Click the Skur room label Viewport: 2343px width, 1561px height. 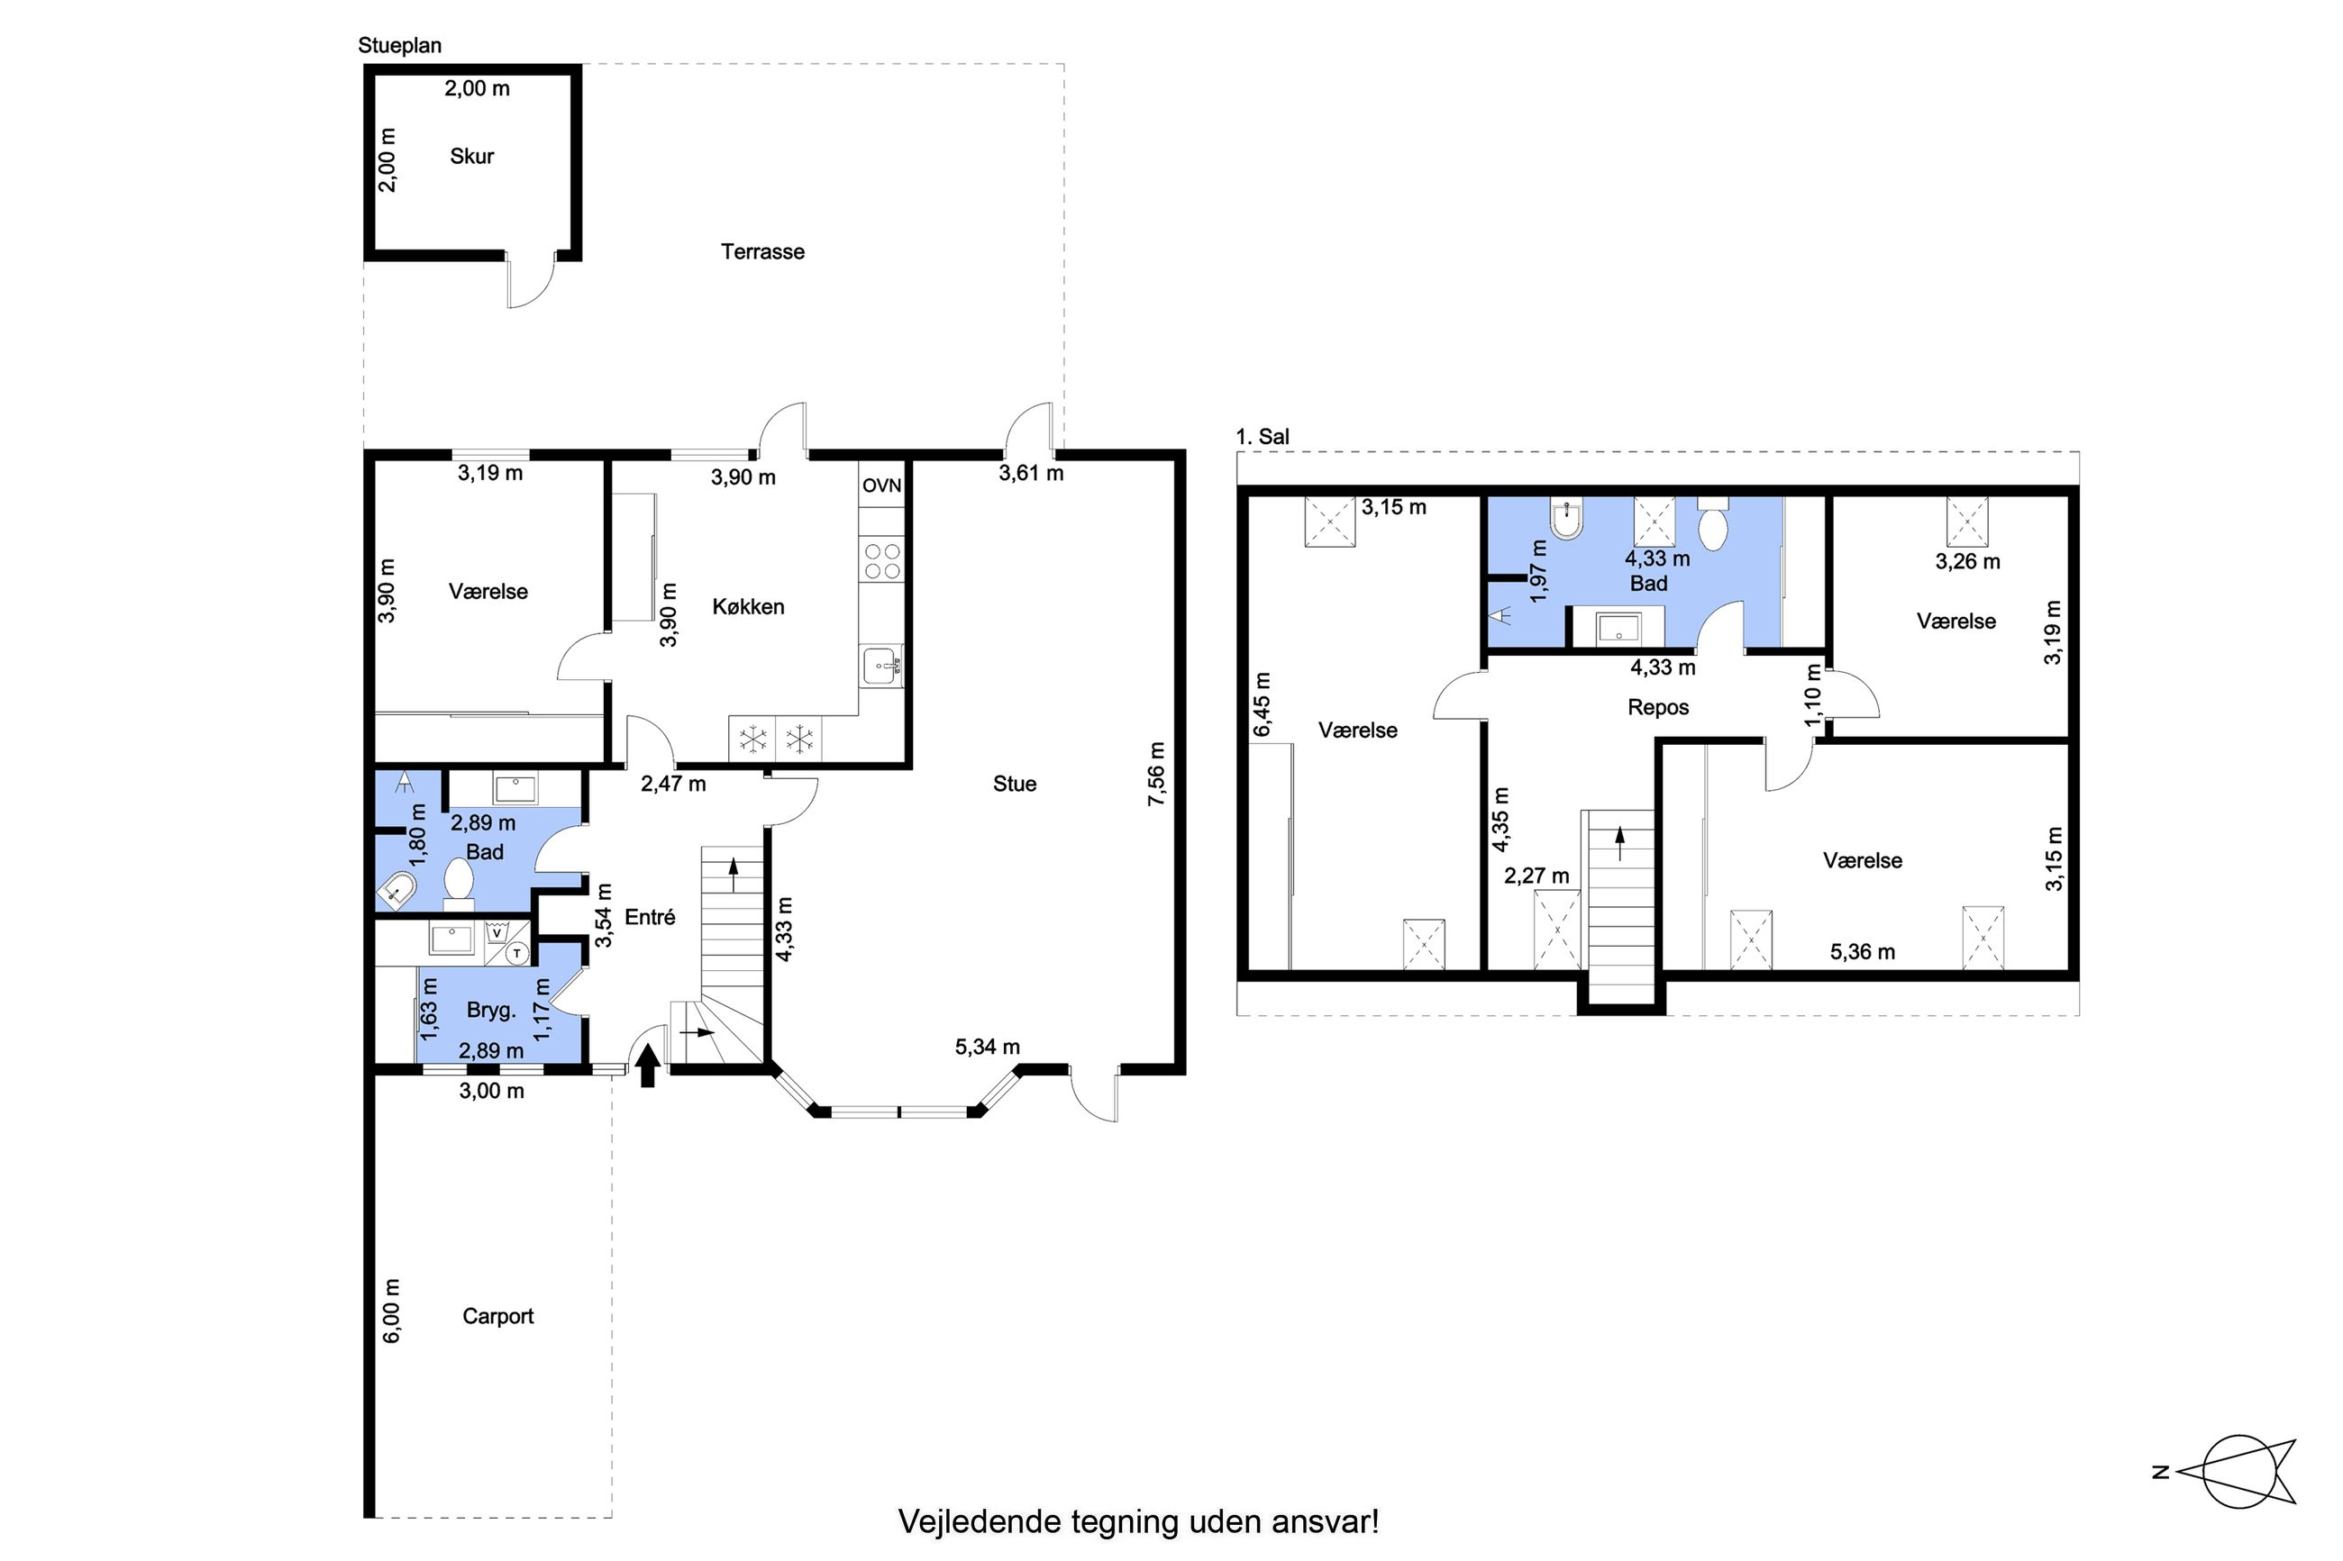(x=471, y=157)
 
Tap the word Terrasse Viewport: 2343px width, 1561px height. (x=761, y=252)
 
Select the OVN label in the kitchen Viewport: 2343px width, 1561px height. (x=881, y=486)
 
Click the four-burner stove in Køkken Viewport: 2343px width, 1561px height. (x=882, y=560)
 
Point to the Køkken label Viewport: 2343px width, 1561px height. (x=748, y=607)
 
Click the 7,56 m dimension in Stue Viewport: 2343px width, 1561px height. (x=1156, y=775)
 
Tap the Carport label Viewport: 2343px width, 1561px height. (x=497, y=1316)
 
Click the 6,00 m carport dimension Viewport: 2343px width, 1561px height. (x=391, y=1311)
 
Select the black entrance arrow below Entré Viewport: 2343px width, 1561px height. (x=647, y=1066)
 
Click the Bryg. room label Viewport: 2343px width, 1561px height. (x=491, y=1011)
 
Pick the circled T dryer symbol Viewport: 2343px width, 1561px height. (x=516, y=954)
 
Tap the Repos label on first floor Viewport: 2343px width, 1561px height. (x=1658, y=708)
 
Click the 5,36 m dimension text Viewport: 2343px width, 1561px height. (x=1862, y=952)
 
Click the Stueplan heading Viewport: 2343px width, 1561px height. (x=399, y=46)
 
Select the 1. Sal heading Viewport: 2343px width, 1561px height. (x=1262, y=436)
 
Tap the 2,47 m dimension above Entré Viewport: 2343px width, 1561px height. (x=673, y=784)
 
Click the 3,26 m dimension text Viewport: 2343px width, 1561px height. (x=1967, y=561)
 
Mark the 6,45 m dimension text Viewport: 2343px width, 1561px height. (x=1262, y=705)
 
